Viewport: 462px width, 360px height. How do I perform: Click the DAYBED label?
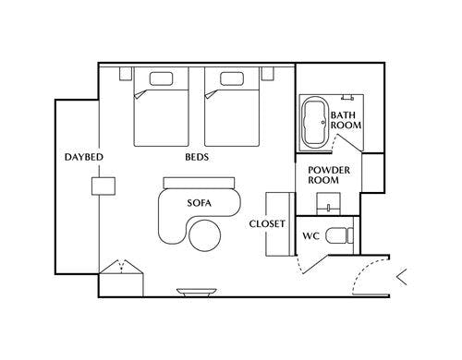pos(84,157)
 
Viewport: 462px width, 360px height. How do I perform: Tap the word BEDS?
pos(197,157)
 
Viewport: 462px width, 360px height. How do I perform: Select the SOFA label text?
pos(200,203)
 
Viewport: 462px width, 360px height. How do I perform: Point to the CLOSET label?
pos(267,224)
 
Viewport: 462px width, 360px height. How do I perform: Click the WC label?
pos(310,236)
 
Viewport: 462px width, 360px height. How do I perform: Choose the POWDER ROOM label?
pos(329,175)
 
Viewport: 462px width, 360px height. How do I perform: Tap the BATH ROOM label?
pos(346,120)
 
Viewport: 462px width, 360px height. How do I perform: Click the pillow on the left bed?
pos(161,78)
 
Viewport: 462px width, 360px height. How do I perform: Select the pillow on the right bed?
pos(232,78)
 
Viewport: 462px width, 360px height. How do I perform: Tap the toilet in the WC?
pos(339,235)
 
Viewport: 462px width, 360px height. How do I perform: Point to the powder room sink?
pos(329,204)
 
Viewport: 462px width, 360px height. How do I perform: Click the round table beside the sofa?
pos(205,235)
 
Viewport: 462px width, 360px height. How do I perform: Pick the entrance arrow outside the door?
pos(401,277)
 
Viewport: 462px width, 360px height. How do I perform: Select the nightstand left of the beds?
pos(126,74)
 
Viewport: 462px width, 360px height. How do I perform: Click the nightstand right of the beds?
pos(268,74)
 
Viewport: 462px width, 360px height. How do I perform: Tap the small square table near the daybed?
pos(103,186)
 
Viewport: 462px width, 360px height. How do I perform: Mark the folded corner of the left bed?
pos(140,94)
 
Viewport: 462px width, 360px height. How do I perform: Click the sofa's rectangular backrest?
pos(199,183)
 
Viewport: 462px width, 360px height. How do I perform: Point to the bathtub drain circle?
pos(323,122)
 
